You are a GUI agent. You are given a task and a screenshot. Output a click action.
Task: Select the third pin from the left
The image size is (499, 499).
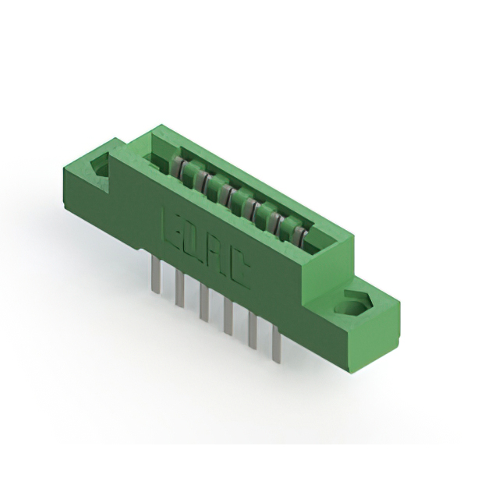[x=203, y=303]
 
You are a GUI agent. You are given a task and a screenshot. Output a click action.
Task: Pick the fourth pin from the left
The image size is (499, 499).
[x=228, y=317]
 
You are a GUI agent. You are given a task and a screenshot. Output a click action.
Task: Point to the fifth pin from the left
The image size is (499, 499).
[x=253, y=331]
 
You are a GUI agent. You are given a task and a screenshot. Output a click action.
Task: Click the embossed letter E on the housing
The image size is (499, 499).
[x=170, y=223]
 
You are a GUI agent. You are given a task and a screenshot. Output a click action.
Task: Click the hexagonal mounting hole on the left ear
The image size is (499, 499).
[x=100, y=165]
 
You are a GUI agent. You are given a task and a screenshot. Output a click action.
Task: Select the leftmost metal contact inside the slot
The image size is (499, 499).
[x=179, y=167]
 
